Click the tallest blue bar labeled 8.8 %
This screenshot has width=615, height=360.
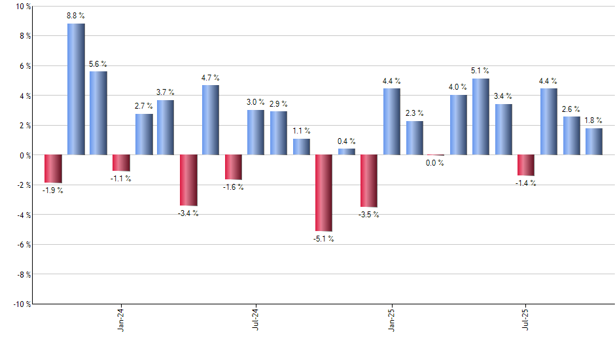click(x=76, y=89)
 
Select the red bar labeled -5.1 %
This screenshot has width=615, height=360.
click(x=324, y=193)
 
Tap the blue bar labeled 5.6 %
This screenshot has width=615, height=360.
click(x=98, y=113)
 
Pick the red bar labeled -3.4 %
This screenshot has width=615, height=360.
click(x=188, y=180)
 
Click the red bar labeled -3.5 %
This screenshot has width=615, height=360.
click(x=369, y=181)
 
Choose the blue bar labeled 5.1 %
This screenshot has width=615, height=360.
click(x=481, y=117)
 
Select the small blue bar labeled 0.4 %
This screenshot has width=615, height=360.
click(x=347, y=152)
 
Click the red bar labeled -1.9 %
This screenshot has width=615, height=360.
click(x=53, y=169)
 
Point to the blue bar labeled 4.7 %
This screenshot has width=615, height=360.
click(x=211, y=120)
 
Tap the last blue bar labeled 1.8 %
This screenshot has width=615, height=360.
click(x=594, y=141)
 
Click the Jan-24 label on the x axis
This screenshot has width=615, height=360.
click(x=121, y=320)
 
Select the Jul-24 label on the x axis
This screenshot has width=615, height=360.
click(x=256, y=320)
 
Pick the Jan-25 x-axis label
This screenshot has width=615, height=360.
click(x=392, y=320)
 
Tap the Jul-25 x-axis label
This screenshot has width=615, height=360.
click(x=527, y=320)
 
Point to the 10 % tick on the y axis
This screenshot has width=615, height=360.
click(x=23, y=7)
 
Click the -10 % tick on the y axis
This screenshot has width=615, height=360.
click(x=22, y=304)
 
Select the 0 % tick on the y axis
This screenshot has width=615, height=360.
click(x=24, y=155)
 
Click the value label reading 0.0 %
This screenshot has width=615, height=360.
click(x=435, y=163)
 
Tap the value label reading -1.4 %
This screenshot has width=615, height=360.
click(x=525, y=183)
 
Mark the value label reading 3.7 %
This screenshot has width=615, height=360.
click(x=165, y=92)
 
